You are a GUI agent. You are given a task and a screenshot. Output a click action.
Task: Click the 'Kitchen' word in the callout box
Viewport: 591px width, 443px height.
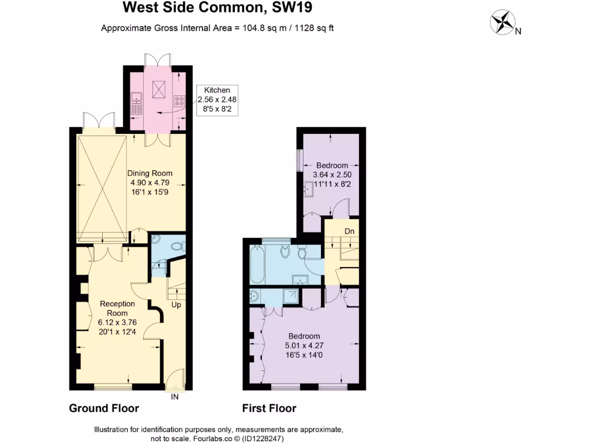[x=217, y=90]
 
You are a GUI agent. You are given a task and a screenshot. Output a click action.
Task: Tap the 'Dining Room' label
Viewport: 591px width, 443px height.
[x=150, y=173]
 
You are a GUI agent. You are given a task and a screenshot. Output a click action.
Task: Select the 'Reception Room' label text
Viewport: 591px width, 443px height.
[x=117, y=309]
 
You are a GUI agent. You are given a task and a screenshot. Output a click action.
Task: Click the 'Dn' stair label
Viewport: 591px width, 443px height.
[x=349, y=231]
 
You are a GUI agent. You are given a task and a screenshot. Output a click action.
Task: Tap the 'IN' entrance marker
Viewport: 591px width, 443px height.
[x=175, y=396]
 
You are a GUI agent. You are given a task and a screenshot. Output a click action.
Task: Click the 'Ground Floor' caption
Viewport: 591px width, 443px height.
[x=104, y=408]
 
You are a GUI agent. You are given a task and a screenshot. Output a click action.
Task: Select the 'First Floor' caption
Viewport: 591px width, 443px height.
[x=269, y=408]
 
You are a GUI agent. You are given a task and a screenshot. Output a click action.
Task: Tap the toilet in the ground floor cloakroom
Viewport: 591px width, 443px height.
[x=178, y=246]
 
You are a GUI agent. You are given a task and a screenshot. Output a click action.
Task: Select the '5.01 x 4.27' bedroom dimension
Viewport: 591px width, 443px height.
[x=304, y=346]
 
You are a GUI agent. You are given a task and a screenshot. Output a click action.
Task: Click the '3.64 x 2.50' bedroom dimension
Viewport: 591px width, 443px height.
[x=332, y=174]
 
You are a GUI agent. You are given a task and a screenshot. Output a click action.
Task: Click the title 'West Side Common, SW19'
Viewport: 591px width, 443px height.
[x=219, y=8]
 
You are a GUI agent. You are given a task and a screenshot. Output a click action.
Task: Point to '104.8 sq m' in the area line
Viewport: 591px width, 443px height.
[x=263, y=28]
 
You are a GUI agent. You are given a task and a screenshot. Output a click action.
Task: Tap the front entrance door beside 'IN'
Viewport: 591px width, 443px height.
[x=175, y=386]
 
